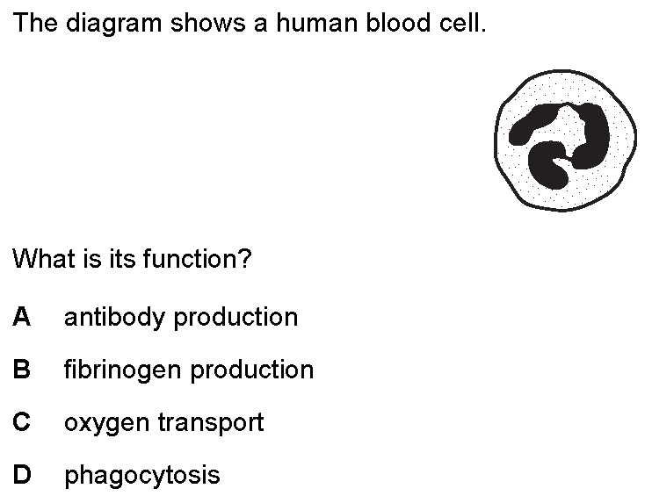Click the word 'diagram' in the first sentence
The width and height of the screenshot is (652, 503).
click(x=113, y=24)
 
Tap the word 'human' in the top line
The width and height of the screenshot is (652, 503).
click(x=317, y=23)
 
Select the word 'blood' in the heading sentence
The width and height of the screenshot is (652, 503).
click(x=398, y=23)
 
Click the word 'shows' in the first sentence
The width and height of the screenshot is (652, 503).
click(x=208, y=23)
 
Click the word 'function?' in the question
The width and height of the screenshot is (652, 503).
click(x=198, y=258)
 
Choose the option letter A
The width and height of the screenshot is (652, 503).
click(x=22, y=317)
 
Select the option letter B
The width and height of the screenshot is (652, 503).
click(x=22, y=370)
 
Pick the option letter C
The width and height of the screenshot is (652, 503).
click(x=22, y=421)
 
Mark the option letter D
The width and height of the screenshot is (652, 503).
click(x=22, y=474)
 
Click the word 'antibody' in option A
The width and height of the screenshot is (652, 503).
click(x=114, y=318)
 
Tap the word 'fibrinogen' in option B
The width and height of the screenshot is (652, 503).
click(x=123, y=370)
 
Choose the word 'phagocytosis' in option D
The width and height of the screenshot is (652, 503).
click(x=142, y=476)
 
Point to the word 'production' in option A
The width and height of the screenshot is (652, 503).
click(x=235, y=318)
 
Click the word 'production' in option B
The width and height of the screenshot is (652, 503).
click(x=252, y=370)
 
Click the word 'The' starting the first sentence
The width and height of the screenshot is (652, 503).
click(x=35, y=23)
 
